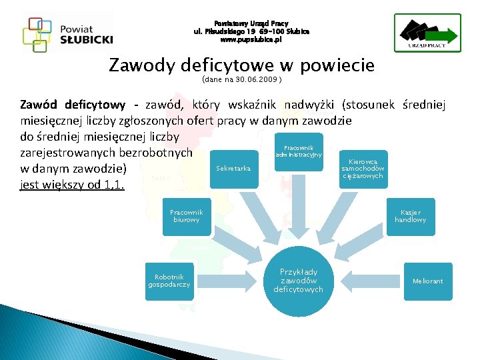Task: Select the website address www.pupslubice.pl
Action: point(251,40)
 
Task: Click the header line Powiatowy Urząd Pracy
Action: point(251,23)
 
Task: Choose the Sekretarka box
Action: point(233,169)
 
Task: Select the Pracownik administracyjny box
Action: point(303,151)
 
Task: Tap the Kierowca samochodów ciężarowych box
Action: point(363,169)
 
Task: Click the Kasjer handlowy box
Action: point(410,216)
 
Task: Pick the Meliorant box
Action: point(427,281)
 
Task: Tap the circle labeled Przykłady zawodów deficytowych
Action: point(298,281)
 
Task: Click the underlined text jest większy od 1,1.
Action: point(73,185)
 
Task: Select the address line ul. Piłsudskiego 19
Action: point(251,31)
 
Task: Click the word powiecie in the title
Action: point(337,65)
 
